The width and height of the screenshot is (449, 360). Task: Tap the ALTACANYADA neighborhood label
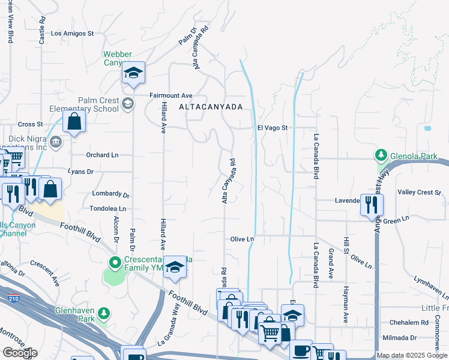[211, 106]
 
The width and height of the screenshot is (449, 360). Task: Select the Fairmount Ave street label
[170, 95]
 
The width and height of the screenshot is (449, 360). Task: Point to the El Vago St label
[273, 128]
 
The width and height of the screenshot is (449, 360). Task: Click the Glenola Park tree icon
[381, 156]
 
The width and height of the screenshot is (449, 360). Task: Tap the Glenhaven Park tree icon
[104, 313]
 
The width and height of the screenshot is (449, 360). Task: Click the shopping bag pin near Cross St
[73, 121]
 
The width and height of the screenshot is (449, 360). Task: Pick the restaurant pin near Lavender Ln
[372, 205]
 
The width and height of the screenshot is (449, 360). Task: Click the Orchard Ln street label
[102, 155]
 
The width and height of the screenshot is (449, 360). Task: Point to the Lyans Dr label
[81, 172]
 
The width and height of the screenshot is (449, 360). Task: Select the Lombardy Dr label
[110, 194]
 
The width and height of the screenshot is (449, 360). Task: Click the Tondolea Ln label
[107, 209]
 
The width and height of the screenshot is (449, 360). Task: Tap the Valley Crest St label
[420, 193]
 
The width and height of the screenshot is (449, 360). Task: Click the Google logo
[19, 353]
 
